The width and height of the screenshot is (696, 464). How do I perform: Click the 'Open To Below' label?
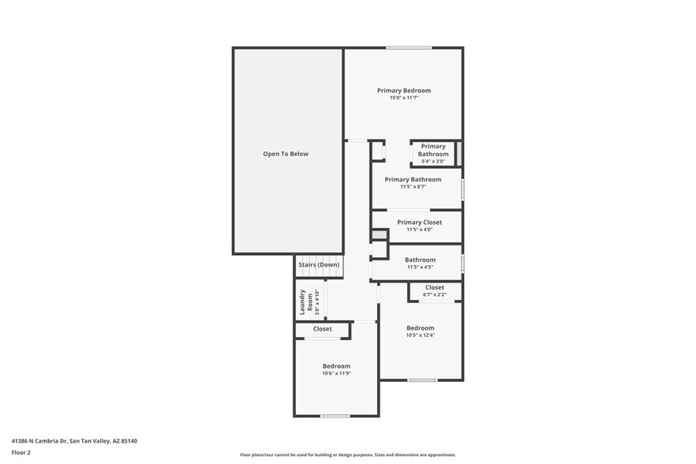[286, 154]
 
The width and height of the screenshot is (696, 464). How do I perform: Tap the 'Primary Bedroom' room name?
[403, 91]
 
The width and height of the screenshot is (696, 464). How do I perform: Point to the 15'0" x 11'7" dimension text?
[403, 98]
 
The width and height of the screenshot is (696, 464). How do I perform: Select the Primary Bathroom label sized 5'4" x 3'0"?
[432, 150]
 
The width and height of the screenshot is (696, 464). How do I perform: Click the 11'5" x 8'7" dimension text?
[413, 187]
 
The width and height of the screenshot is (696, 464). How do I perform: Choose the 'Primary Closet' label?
[419, 223]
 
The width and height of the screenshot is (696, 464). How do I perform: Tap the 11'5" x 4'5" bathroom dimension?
[420, 267]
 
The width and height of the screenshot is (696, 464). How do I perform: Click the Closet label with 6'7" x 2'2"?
[434, 287]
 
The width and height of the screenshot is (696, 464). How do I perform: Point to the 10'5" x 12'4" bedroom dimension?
[420, 335]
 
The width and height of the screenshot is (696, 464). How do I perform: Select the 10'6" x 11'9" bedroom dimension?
[336, 373]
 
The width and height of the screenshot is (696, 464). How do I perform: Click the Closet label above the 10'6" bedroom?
[322, 329]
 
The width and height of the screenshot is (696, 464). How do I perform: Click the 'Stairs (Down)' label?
[319, 264]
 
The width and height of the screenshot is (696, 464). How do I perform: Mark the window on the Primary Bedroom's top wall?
[408, 48]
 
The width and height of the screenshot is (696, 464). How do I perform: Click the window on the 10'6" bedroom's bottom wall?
[335, 416]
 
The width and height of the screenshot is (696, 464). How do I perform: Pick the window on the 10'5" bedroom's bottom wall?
[422, 380]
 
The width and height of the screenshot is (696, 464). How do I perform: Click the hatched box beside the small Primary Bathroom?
[458, 154]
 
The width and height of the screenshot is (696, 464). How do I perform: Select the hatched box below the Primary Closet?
[380, 235]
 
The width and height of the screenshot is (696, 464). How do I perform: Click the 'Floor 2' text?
[21, 453]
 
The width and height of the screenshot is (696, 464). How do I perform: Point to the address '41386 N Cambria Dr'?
[39, 441]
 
